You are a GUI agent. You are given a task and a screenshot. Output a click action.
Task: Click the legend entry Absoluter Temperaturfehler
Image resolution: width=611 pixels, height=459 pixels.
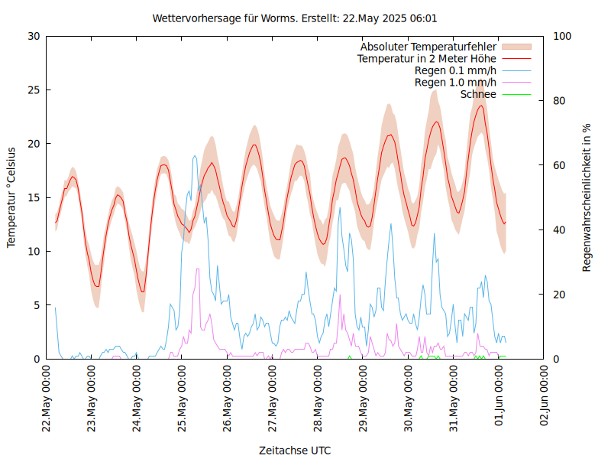pyautogui.click(x=428, y=47)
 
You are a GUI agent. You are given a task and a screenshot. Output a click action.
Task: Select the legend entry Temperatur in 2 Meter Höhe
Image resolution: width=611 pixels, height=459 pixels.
pyautogui.click(x=427, y=58)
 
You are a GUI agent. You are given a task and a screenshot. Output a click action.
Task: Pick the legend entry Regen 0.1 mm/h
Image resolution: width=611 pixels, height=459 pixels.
pyautogui.click(x=455, y=70)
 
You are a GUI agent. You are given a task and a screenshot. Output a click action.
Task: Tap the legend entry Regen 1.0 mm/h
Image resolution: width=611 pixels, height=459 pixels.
pyautogui.click(x=455, y=82)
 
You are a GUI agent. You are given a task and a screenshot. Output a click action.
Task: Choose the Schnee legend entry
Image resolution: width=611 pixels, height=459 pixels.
pyautogui.click(x=478, y=94)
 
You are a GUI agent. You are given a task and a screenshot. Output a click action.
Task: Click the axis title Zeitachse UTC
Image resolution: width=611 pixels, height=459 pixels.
pyautogui.click(x=295, y=450)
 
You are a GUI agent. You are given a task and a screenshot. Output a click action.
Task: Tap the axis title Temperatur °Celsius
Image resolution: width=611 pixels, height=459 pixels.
pyautogui.click(x=11, y=197)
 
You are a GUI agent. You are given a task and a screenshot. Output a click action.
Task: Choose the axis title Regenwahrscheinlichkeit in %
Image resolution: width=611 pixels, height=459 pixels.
pyautogui.click(x=587, y=197)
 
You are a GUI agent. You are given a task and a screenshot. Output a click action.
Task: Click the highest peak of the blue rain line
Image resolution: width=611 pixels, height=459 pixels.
pyautogui.click(x=195, y=156)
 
